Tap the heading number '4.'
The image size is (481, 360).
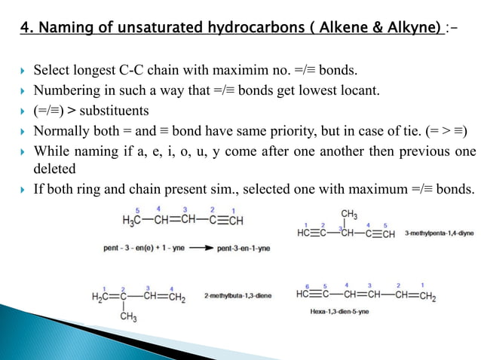pos(26,29)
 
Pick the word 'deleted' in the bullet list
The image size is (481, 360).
pos(55,169)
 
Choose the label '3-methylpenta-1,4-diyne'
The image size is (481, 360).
pos(439,233)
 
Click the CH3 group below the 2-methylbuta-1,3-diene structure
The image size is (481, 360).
pos(129,318)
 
